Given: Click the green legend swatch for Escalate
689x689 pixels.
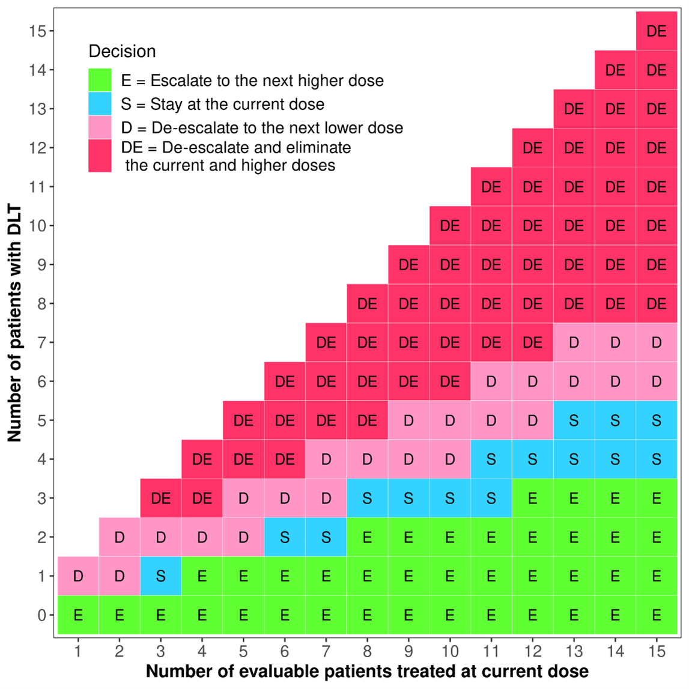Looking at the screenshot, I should (x=100, y=80).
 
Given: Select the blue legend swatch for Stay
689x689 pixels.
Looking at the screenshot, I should (x=100, y=103).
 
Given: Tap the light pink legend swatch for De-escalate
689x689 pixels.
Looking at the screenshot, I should (x=100, y=127).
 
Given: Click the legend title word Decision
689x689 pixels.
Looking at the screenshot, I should (x=122, y=52).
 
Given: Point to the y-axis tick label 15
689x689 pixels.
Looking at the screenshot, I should (x=37, y=31).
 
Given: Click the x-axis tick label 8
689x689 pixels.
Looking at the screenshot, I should (x=367, y=651).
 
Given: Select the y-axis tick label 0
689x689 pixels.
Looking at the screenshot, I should (x=41, y=615).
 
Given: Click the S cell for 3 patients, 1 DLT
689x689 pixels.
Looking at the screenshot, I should (x=160, y=576).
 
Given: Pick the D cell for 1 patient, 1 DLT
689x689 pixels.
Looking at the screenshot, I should (x=78, y=576).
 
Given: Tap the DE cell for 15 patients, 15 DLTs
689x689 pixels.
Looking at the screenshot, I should (x=657, y=31).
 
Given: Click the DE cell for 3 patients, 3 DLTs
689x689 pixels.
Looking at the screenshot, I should (x=160, y=498).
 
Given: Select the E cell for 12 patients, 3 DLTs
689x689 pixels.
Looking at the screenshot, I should (x=532, y=498).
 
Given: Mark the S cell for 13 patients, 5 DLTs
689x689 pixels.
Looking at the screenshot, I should (x=574, y=420).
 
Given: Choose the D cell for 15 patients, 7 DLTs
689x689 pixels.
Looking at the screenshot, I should (x=657, y=342).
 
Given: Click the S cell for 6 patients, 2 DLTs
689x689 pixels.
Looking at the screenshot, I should (x=285, y=537).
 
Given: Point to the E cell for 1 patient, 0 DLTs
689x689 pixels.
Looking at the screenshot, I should (x=78, y=615).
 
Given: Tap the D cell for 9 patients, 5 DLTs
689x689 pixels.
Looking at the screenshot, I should (x=408, y=420).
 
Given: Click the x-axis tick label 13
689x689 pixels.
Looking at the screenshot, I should (x=574, y=651).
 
